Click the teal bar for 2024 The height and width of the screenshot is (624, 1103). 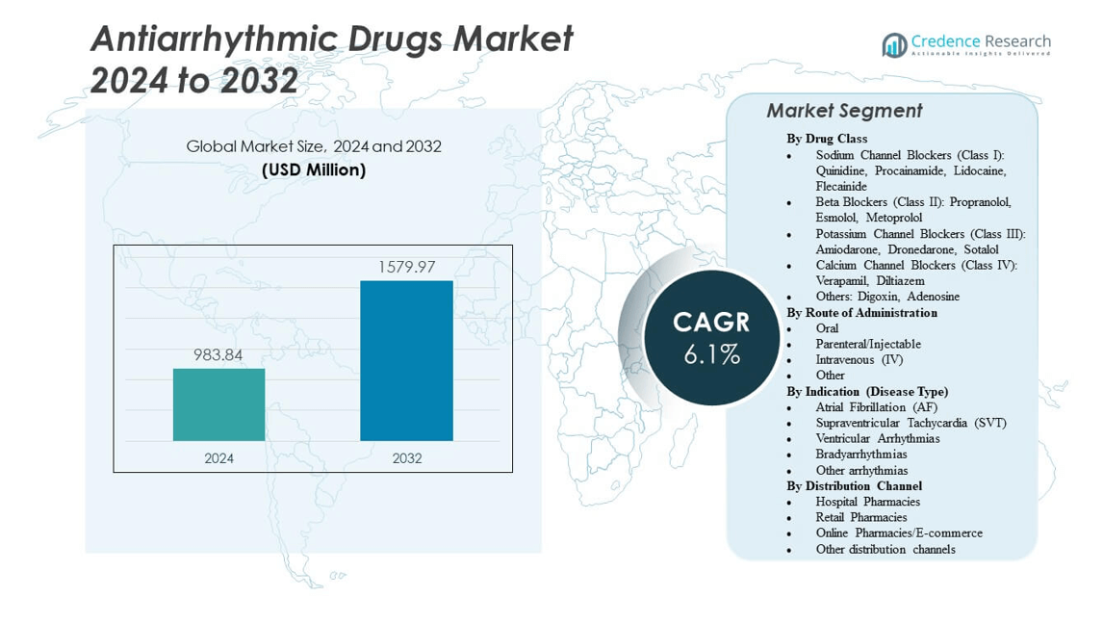click(218, 404)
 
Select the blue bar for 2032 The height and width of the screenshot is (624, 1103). click(406, 360)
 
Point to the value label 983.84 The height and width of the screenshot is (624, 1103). click(218, 354)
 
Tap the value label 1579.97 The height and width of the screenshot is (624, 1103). click(406, 267)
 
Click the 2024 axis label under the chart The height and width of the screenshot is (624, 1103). click(218, 458)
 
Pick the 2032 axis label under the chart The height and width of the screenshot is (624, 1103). click(406, 458)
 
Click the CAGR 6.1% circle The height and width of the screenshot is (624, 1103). click(711, 337)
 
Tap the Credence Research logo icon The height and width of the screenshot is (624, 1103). click(895, 44)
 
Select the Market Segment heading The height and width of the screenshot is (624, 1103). click(844, 111)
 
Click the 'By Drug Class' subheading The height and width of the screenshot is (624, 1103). click(827, 139)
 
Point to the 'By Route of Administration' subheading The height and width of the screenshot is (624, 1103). click(861, 312)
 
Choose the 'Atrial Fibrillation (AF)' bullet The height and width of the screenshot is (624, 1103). click(876, 406)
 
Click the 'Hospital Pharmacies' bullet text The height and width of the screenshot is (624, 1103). click(867, 501)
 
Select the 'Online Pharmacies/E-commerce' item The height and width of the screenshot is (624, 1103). click(899, 533)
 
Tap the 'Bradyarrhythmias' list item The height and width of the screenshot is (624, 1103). click(860, 454)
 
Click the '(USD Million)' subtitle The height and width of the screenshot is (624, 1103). click(314, 169)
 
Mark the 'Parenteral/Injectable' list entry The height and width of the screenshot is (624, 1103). click(868, 344)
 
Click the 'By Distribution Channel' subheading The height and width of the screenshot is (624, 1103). click(854, 485)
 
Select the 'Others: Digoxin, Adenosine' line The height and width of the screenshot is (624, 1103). click(887, 297)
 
